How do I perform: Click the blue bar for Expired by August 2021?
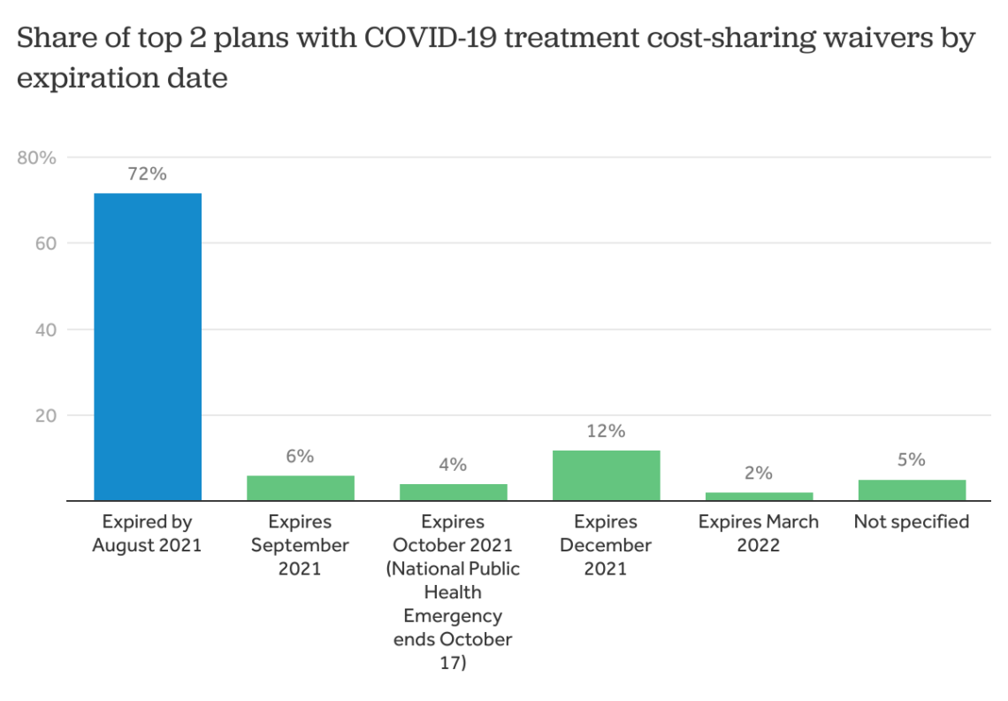click(x=148, y=347)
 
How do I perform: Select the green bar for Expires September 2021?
click(x=300, y=488)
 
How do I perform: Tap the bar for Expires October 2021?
click(x=453, y=492)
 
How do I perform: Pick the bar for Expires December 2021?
click(x=606, y=475)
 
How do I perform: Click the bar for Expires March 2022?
click(x=759, y=497)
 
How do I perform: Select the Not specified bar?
click(x=912, y=490)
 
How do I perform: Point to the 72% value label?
click(x=147, y=174)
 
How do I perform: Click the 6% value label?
click(x=300, y=457)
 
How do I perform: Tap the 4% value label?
click(x=453, y=465)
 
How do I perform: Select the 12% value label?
click(x=606, y=431)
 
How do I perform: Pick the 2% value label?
click(x=759, y=473)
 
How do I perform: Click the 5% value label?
click(x=912, y=460)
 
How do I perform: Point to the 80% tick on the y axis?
click(x=37, y=158)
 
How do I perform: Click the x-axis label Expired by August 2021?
click(x=147, y=534)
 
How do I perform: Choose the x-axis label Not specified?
click(x=912, y=522)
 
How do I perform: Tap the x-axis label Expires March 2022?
click(x=759, y=534)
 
